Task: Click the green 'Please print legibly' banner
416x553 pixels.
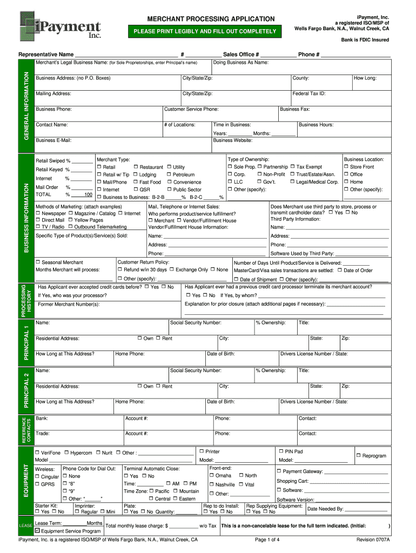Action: (x=205, y=31)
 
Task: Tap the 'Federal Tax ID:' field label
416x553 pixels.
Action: (x=308, y=93)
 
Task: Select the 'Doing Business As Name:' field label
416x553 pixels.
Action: (x=241, y=63)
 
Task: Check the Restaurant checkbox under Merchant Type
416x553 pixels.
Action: (x=136, y=167)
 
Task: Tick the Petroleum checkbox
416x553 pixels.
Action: (x=169, y=175)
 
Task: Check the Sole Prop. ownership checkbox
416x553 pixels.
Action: (x=230, y=167)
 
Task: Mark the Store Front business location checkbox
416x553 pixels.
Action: (x=346, y=167)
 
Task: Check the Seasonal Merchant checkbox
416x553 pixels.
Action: (x=38, y=262)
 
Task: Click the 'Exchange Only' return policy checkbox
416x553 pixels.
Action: (x=171, y=269)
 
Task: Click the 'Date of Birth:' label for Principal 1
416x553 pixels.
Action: (x=220, y=354)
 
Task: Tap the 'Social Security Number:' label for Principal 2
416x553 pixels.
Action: (x=195, y=370)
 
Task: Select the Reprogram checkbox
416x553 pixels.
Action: (x=358, y=456)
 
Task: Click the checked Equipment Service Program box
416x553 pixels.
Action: (x=38, y=530)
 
